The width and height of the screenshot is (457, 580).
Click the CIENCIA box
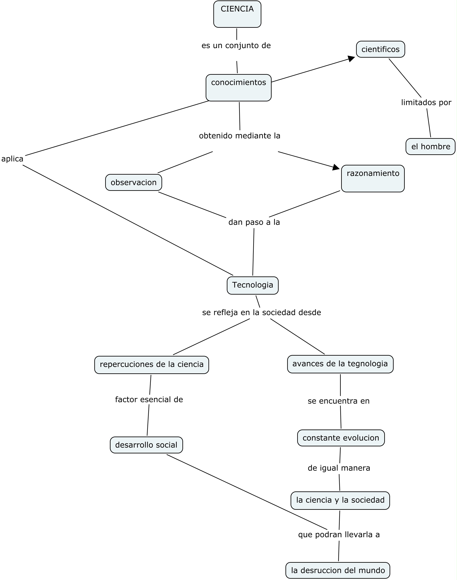coord(237,14)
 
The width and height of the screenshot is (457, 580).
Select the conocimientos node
coord(238,88)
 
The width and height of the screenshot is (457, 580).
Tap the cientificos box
coord(380,49)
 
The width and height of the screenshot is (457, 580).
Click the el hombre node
coord(430,146)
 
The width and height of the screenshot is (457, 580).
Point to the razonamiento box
coord(373,178)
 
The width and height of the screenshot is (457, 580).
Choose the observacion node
coord(134,182)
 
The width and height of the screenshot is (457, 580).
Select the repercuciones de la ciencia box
coord(151,365)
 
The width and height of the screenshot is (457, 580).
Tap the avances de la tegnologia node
coord(340,364)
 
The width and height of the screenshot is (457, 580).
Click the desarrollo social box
coord(146,445)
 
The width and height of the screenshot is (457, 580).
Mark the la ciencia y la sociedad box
coord(340,500)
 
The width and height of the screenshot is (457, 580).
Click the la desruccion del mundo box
coord(338,570)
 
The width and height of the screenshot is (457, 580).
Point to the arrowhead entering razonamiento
coord(336,168)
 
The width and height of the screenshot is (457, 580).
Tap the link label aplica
coord(12,159)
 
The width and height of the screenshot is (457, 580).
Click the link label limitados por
coord(426,102)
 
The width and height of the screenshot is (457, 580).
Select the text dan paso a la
coord(254,222)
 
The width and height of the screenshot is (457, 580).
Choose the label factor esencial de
coord(149,400)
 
